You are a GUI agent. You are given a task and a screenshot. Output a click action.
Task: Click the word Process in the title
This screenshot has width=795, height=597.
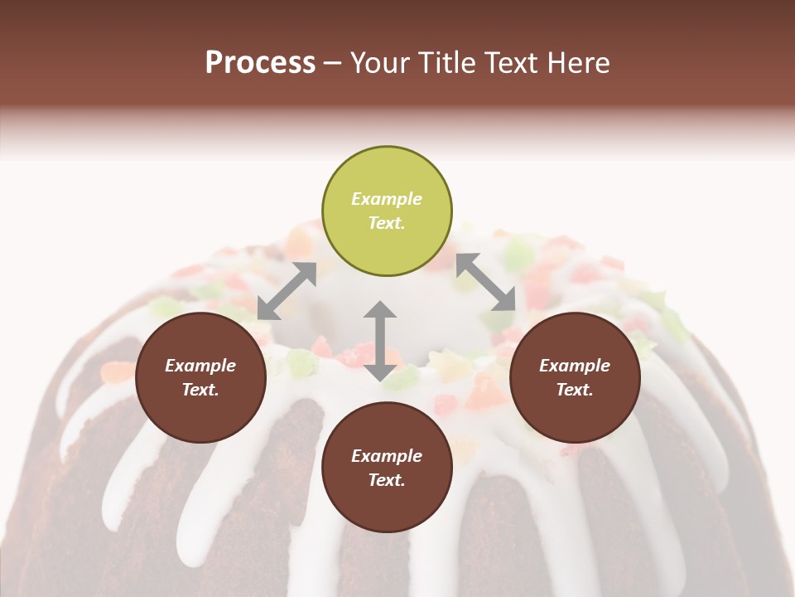click(260, 63)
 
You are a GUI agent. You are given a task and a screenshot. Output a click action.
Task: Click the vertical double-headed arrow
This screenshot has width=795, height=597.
click(380, 341)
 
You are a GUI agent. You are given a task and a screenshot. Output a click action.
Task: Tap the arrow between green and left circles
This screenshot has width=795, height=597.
click(287, 291)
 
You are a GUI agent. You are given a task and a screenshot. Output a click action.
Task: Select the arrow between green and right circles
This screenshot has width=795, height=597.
click(486, 282)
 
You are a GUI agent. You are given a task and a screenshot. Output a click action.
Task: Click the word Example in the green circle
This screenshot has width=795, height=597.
click(387, 199)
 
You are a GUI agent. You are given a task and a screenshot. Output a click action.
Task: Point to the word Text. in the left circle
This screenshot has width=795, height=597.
click(200, 390)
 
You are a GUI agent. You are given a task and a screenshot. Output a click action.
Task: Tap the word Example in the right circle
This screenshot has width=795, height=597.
click(575, 366)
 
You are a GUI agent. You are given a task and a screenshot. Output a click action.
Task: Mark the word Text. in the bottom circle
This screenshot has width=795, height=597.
click(387, 480)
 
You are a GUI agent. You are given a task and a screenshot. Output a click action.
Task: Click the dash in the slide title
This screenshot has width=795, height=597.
click(332, 63)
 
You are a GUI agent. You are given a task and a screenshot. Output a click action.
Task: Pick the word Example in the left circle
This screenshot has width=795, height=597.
click(200, 366)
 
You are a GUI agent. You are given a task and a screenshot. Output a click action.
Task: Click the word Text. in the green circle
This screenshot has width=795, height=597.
click(387, 223)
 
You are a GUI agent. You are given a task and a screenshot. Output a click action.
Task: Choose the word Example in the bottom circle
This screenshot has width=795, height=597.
click(387, 456)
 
